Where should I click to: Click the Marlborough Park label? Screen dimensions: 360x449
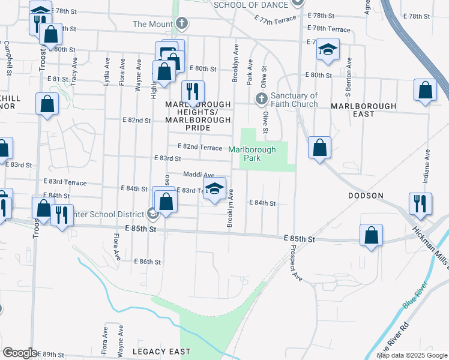[252, 154]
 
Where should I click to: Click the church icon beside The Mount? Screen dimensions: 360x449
[182, 24]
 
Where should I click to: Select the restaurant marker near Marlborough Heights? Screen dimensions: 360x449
[192, 91]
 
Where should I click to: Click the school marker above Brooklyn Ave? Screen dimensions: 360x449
[214, 189]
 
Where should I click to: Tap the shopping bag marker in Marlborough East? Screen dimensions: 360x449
[425, 91]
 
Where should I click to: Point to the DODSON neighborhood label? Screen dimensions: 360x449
[366, 196]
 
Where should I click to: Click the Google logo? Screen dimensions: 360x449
[19, 353]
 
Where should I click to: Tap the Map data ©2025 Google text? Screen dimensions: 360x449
[412, 355]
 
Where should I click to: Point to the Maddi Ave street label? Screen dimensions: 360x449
[198, 175]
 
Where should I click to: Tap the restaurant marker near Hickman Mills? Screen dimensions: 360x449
[419, 204]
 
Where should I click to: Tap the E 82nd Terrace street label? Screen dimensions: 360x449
[200, 147]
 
